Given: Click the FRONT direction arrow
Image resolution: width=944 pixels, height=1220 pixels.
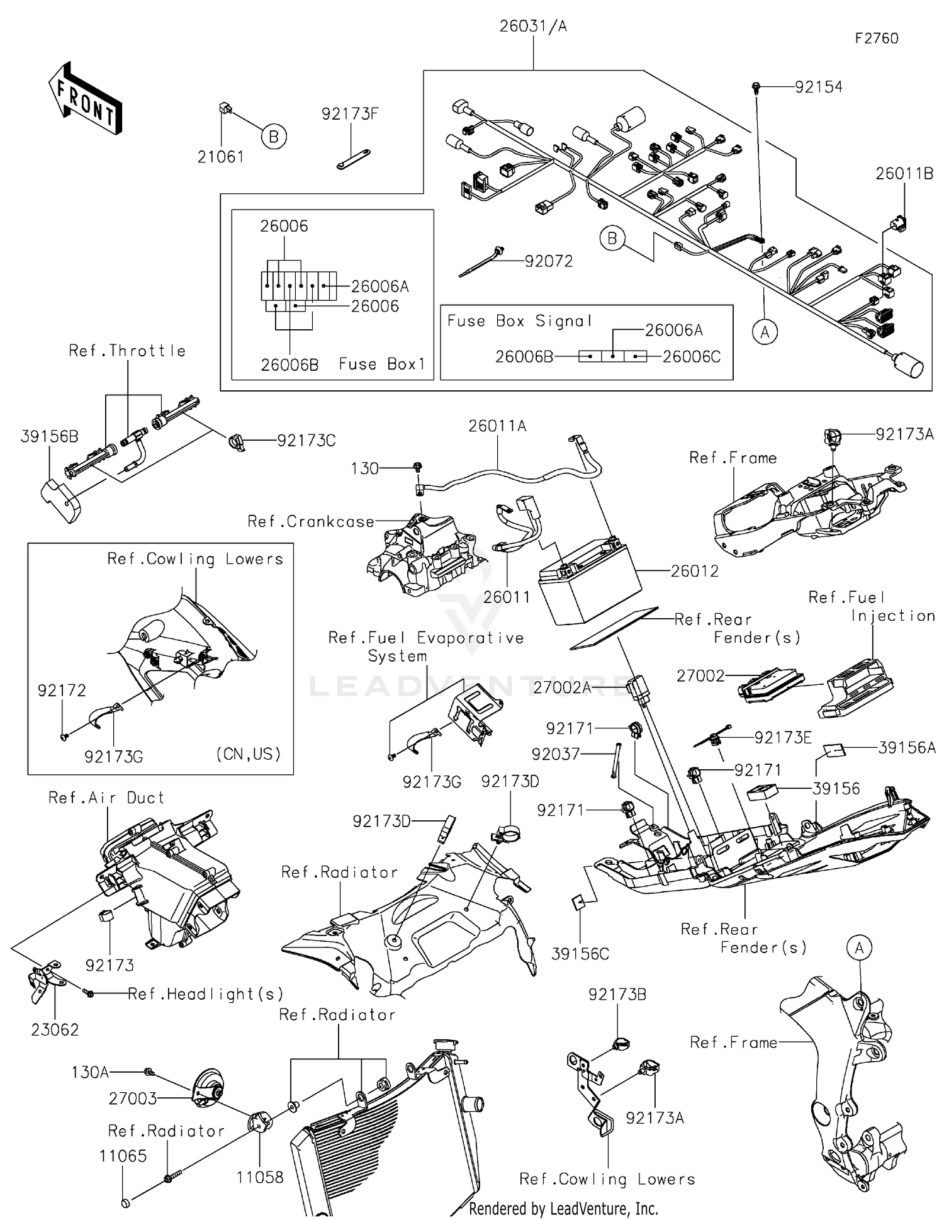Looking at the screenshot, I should coord(85,99).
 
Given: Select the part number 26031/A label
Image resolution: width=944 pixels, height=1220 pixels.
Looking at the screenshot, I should coord(532,26).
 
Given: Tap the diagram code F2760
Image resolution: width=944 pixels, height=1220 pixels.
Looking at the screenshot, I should coord(876,38).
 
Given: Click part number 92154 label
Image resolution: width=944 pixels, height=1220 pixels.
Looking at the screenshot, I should coord(818,88).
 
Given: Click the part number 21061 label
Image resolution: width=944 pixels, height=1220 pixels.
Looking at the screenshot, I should coord(221,157).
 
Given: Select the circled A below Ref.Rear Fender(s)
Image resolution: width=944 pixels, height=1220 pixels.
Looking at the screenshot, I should coord(859,947).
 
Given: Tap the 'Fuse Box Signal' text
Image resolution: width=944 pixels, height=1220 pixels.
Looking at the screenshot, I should coord(520,321).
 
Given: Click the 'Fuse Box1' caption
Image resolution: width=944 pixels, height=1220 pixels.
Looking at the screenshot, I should coord(382,364).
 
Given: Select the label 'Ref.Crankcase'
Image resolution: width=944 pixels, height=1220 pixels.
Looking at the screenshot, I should coord(311,521).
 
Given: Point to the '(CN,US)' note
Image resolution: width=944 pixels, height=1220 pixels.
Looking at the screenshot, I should coord(248,754).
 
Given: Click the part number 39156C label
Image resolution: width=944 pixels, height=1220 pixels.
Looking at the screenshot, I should coord(580,954).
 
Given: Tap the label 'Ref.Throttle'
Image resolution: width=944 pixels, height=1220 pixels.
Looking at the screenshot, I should coord(127,351).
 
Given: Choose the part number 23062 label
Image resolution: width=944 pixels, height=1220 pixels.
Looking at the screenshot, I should coord(55,1030).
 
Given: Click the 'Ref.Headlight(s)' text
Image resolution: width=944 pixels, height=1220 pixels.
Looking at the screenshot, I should coord(205,994).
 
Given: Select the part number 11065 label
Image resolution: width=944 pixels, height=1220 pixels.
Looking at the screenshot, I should coord(123,1156).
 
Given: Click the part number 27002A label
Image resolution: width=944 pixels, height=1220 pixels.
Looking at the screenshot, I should coord(562,687).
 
